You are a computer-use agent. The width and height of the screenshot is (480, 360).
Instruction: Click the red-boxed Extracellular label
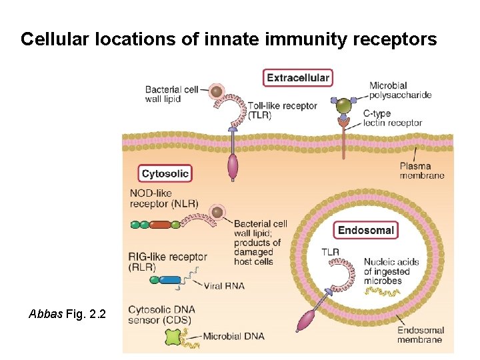[x=297, y=78]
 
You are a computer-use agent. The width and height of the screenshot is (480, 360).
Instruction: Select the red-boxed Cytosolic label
[x=165, y=174]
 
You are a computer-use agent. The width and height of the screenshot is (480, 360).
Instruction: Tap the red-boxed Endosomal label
[x=366, y=231]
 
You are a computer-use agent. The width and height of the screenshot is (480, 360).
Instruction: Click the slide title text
[x=229, y=39]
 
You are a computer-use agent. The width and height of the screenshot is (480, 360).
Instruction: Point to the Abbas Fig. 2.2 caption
[x=67, y=313]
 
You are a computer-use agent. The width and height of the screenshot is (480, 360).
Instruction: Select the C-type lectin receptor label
[x=392, y=118]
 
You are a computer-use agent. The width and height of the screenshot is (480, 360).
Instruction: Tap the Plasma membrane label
[x=421, y=171]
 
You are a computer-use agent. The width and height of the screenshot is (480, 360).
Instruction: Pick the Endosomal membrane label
[x=419, y=335]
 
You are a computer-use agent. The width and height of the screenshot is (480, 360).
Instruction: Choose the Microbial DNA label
[x=233, y=336]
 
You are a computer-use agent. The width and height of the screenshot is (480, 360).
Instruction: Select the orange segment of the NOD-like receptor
[x=160, y=225]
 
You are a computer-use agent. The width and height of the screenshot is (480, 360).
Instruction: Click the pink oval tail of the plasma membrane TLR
[x=233, y=167]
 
